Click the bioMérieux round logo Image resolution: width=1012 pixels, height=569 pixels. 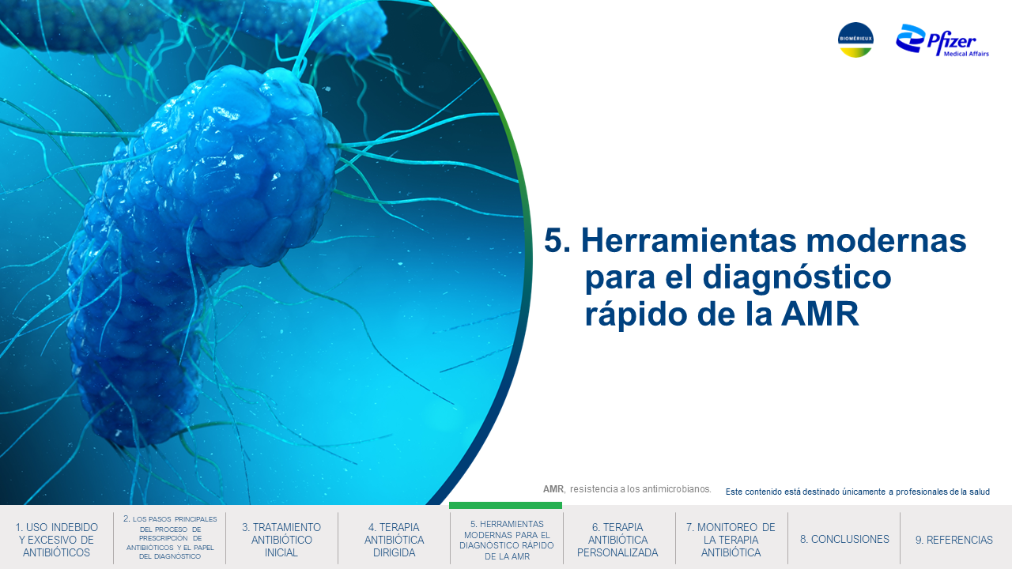pos(855,40)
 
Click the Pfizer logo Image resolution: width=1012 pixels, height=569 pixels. pos(942,40)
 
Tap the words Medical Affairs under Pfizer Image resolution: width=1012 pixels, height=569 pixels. pos(966,54)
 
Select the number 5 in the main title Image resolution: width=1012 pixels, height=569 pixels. pos(553,240)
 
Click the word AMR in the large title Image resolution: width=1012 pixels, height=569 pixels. pos(820,315)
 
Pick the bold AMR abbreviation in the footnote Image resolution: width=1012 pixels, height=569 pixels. pos(553,489)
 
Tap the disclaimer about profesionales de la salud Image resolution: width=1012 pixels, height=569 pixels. pos(858,492)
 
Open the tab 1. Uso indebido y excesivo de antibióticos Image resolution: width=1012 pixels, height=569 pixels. pos(56,540)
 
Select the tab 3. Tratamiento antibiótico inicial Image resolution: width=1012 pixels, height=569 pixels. pos(281,540)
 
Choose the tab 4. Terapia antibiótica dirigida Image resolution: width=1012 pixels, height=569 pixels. pos(394,540)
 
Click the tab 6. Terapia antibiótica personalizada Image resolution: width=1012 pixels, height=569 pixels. pos(617,540)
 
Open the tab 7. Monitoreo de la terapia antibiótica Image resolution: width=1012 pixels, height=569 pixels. pos(731,540)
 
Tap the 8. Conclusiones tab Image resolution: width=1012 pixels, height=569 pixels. pos(844,539)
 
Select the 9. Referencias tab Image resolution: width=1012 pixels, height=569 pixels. pos(954,540)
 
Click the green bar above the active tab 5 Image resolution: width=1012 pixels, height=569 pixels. pos(505,505)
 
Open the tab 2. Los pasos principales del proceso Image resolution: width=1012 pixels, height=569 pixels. pos(170,538)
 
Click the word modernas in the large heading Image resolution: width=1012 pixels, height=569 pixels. pos(886,240)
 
